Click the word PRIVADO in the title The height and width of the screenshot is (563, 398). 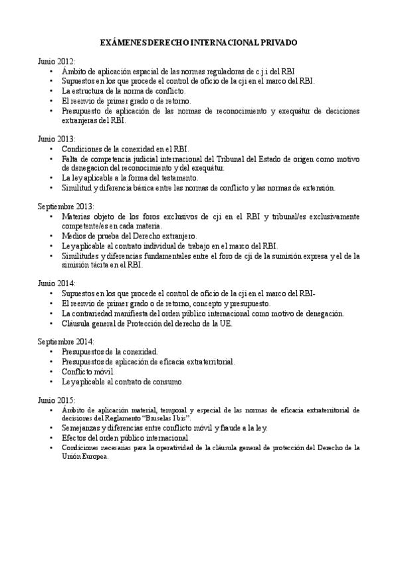tap(278, 42)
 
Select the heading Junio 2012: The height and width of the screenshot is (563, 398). tap(56, 60)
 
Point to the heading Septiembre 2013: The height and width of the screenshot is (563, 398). tap(66, 207)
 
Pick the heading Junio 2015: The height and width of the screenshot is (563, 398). tap(56, 402)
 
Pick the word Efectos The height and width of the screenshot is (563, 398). tap(74, 439)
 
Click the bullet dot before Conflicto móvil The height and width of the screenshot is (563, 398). tap(52, 373)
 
